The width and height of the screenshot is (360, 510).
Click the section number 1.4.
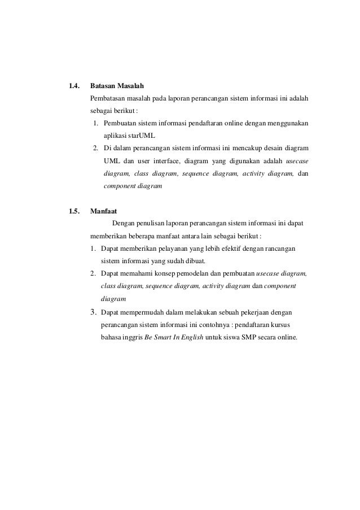(x=73, y=86)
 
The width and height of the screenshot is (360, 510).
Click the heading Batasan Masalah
(x=117, y=86)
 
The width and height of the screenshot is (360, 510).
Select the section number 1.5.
(x=73, y=212)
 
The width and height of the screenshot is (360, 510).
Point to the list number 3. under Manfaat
(x=93, y=311)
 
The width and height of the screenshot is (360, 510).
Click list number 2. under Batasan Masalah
(x=96, y=149)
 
